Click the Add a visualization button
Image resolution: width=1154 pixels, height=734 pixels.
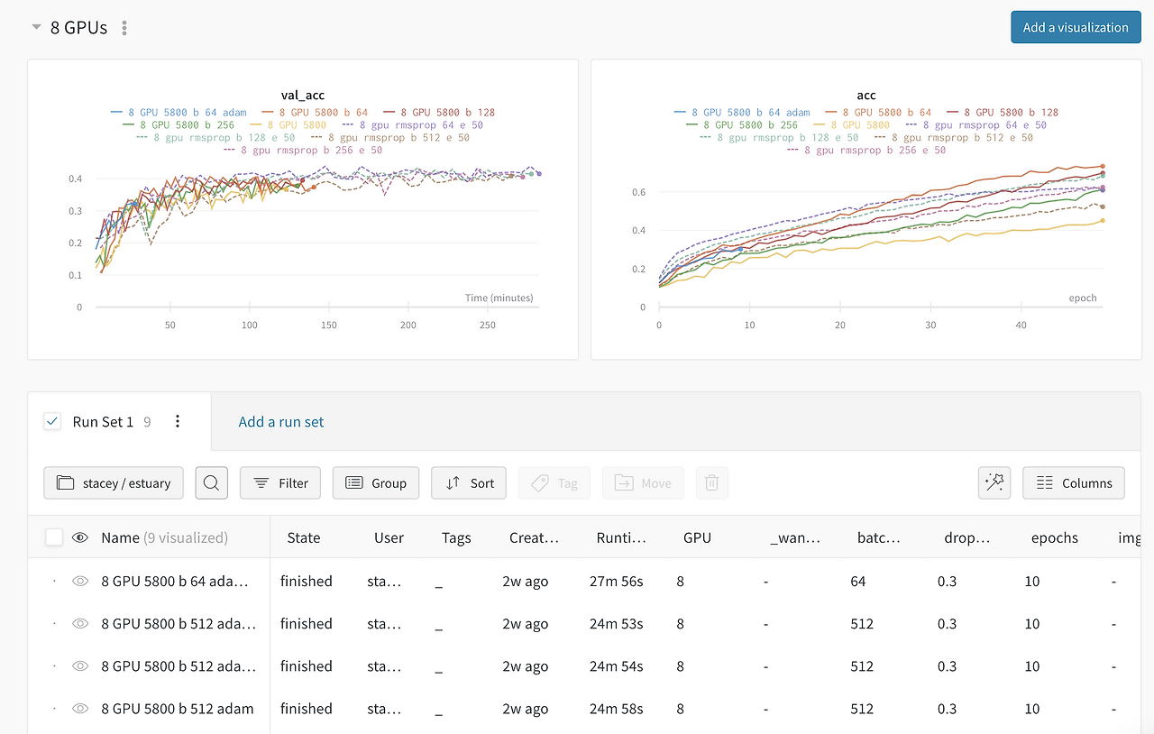click(x=1076, y=27)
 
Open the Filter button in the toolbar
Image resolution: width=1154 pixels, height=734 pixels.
click(x=279, y=483)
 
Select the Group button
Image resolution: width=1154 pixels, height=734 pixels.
click(x=376, y=483)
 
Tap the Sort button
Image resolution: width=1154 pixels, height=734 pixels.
click(x=468, y=483)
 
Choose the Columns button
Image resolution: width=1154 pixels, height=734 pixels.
click(x=1074, y=483)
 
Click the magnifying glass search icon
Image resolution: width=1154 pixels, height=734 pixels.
click(x=211, y=483)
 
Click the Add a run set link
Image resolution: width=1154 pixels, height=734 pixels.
click(x=280, y=422)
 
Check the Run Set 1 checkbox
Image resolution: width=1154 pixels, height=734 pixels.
click(x=52, y=422)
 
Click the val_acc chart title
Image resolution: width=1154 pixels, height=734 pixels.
click(x=302, y=95)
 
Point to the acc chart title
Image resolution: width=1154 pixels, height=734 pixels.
click(x=866, y=96)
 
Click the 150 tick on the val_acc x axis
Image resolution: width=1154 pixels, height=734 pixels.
click(x=329, y=326)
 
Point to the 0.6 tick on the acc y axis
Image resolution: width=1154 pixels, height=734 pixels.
click(x=638, y=192)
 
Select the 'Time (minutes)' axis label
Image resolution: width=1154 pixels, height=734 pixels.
click(x=499, y=298)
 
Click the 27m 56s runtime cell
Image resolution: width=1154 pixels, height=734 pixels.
click(x=616, y=582)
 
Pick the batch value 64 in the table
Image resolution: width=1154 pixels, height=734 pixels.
click(x=857, y=582)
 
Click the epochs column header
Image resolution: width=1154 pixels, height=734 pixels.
click(x=1054, y=538)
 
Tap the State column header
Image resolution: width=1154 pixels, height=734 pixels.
click(x=304, y=537)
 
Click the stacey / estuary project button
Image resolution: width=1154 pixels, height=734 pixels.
click(x=114, y=483)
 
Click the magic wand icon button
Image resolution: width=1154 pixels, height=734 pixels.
click(x=994, y=483)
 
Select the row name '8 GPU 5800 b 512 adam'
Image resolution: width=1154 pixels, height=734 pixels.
click(x=178, y=709)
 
